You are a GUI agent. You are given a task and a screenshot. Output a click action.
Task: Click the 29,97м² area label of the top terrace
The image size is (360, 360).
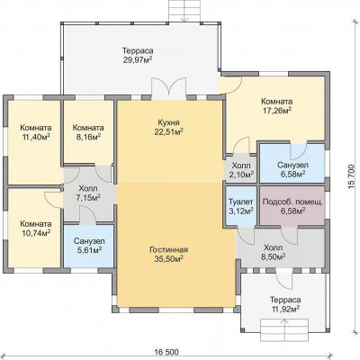138,59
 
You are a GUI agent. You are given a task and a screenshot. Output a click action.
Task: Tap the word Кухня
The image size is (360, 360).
168,122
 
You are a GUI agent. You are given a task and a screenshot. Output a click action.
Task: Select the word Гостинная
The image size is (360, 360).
168,250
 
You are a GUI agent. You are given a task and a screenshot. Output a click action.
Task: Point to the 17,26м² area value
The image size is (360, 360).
276,111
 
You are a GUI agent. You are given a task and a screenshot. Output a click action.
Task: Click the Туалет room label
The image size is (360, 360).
241,202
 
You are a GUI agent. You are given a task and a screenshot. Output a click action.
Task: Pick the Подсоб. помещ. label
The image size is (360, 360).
292,202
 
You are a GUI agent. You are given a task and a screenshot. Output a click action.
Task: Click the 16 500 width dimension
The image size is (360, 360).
166,351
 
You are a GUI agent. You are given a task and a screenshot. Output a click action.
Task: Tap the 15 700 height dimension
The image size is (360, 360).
352,177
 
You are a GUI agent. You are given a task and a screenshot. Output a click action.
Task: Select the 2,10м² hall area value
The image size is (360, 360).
241,175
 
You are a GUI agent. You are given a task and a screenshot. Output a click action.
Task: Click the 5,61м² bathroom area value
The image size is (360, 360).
89,250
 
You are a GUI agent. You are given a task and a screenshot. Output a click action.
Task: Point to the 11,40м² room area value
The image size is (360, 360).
36,138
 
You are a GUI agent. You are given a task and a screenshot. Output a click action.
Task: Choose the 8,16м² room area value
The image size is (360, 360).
88,138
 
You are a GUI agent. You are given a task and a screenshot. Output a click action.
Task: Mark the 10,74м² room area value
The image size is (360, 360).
36,233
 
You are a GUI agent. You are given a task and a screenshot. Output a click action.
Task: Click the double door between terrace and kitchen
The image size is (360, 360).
168,88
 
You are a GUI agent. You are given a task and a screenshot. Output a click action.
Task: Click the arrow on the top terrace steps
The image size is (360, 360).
184,15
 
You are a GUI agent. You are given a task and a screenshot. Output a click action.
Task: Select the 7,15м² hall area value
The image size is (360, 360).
88,198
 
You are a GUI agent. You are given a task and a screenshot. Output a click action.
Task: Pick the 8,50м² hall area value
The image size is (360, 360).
273,256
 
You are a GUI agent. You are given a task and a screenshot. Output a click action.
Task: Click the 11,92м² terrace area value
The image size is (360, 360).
285,309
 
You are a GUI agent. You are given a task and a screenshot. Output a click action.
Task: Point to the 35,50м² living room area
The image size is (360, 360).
168,259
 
